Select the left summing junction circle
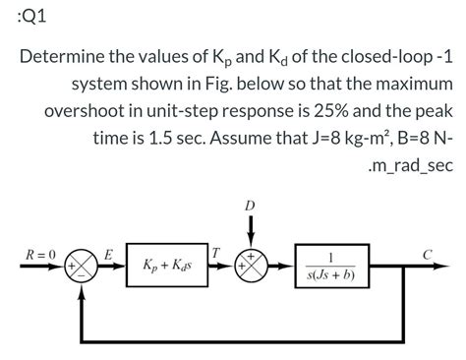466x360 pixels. click(x=80, y=267)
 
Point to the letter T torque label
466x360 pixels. click(x=215, y=254)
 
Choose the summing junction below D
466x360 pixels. click(x=252, y=267)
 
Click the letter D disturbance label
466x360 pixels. click(x=252, y=205)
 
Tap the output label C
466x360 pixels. click(x=427, y=254)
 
